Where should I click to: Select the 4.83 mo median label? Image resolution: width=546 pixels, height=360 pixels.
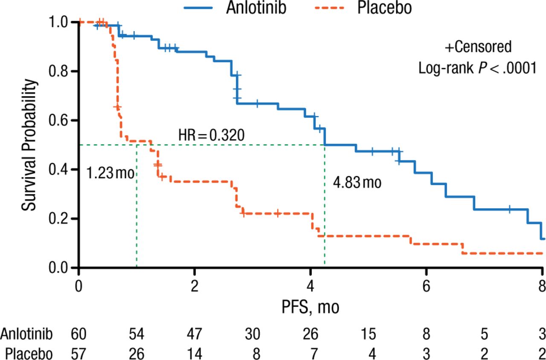tap(357, 183)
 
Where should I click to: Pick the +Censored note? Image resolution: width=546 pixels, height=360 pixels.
tap(478, 47)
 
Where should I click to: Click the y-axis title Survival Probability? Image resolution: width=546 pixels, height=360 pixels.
tap(29, 145)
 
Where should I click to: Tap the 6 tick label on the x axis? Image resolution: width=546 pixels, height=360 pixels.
tap(426, 284)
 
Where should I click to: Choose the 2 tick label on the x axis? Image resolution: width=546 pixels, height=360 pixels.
tap(195, 284)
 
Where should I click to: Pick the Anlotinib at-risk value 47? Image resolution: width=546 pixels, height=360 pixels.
tap(195, 334)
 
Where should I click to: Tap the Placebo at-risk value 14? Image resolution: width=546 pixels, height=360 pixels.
tap(195, 354)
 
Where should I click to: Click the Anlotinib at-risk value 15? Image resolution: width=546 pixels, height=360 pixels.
tap(368, 334)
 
